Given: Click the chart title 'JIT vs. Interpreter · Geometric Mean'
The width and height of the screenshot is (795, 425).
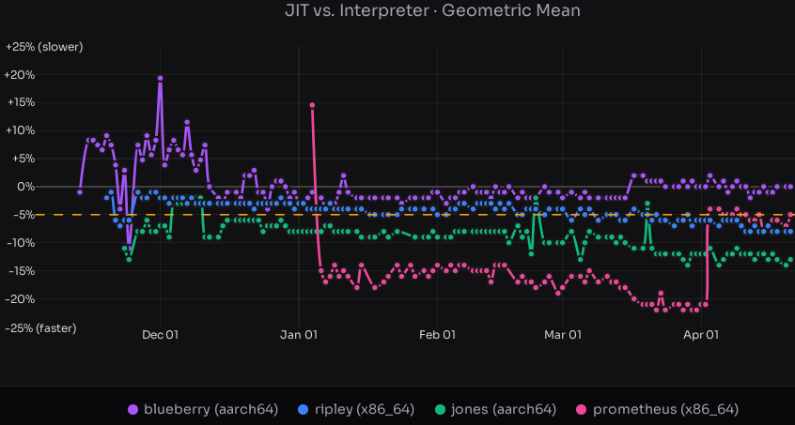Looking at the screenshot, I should pos(432,11).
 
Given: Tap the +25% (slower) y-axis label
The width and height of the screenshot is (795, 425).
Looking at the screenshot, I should pos(43,47).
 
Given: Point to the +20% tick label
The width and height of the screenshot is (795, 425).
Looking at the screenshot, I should pos(20,75).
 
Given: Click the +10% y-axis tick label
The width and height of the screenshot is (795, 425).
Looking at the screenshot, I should pos(20,130).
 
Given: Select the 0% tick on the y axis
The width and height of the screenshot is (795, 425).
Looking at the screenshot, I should pos(24,187).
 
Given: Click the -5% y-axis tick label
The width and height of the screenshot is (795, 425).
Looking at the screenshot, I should pos(22,215).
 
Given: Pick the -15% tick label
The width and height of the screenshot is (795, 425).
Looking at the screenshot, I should pos(20,271).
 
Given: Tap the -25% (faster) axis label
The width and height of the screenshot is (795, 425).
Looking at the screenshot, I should pos(40,327).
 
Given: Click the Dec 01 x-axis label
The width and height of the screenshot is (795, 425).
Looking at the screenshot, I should pos(160,334).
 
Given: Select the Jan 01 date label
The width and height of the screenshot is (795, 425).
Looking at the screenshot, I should pos(298,334).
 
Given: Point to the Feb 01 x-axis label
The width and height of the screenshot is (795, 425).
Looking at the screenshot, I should pos(436,334).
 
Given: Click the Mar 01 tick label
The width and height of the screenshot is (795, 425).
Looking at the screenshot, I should pos(563,334).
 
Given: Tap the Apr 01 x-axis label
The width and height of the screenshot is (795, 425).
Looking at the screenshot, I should pos(701,334).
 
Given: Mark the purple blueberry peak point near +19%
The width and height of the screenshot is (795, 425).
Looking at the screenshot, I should pos(161,79).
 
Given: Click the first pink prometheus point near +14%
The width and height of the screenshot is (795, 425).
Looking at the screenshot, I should pos(312,105).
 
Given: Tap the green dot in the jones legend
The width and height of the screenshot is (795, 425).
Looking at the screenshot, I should pos(442,410).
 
